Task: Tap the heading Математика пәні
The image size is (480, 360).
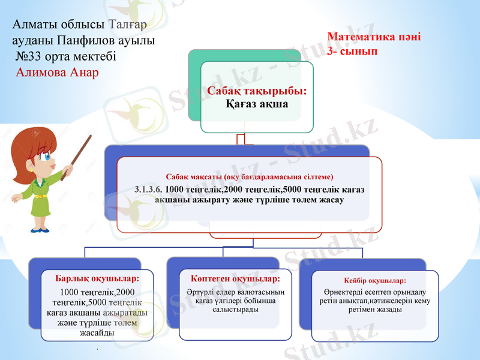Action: pos(374,37)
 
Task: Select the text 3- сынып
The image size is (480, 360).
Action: pos(352,52)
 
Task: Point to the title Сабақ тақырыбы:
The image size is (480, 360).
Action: pos(257,91)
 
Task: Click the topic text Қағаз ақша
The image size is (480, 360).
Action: pos(257,104)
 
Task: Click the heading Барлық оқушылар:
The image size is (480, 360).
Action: pos(97,279)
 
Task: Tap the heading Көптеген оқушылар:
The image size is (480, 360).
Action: pos(235,279)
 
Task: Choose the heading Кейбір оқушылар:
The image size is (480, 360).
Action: pos(375,280)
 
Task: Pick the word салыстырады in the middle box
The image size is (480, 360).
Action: pos(235,310)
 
